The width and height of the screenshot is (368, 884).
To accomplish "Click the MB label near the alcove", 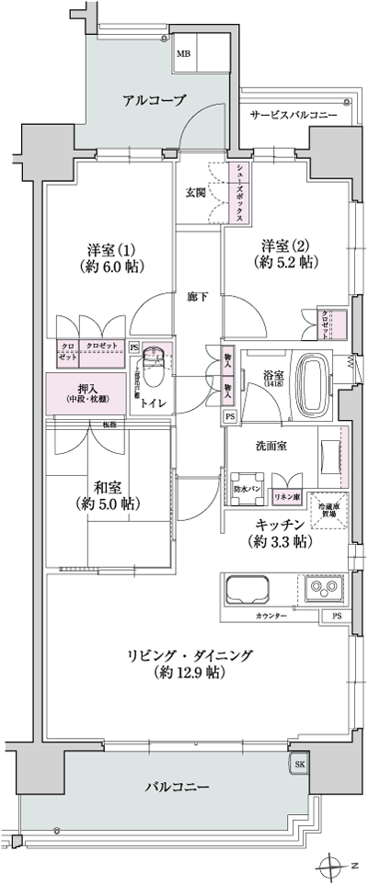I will (185, 54).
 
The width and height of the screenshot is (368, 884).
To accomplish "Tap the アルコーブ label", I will (155, 100).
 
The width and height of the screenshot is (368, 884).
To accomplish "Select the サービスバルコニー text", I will (293, 117).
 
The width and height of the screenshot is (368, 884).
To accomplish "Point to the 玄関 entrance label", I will (197, 192).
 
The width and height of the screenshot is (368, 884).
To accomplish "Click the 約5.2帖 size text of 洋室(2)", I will (287, 263).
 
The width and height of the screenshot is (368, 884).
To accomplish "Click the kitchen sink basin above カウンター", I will (245, 590).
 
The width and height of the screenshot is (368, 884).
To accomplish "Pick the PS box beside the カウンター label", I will (337, 616).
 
